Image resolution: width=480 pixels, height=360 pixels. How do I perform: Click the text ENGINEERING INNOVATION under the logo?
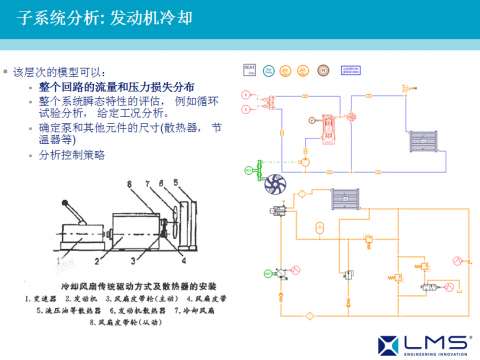tap(434, 352)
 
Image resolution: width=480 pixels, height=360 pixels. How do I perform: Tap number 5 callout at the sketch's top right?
tap(175, 181)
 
